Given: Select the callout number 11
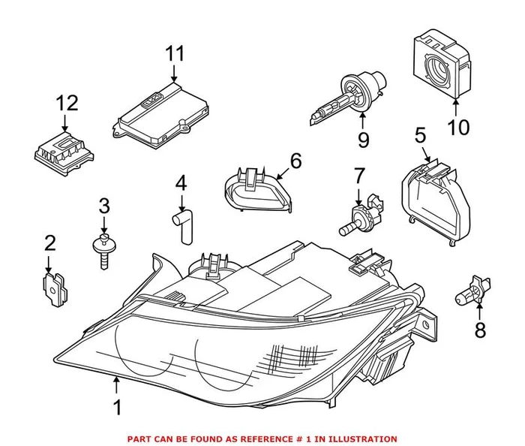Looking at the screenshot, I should point(174,54).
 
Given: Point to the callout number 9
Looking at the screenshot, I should point(363,139).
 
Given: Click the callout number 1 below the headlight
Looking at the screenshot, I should point(116,408).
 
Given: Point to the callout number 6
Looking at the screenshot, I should point(295,160).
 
